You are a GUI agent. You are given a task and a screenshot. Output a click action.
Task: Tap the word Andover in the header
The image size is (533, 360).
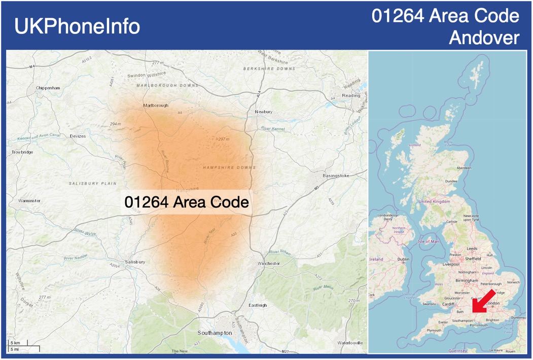[484, 38]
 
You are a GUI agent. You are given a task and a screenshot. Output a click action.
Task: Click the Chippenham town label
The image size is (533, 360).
[48, 88]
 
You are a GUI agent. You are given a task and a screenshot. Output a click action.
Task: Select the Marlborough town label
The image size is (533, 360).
[155, 105]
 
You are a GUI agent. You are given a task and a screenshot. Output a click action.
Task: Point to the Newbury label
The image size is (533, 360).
[264, 112]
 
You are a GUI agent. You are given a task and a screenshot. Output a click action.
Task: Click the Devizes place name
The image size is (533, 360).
[78, 136]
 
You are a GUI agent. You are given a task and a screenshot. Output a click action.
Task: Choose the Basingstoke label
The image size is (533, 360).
[336, 175]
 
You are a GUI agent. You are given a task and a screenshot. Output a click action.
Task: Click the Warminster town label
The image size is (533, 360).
[29, 201]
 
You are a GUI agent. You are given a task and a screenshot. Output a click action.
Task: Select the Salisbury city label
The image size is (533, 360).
[134, 262]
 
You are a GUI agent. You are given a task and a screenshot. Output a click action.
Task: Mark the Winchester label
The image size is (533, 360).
[269, 264]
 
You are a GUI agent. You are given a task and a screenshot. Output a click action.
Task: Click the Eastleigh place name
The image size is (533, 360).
[257, 305]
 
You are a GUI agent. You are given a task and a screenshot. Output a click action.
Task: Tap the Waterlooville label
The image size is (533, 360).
[350, 343]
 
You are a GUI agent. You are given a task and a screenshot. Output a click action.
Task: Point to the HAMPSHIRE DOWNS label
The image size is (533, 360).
[229, 167]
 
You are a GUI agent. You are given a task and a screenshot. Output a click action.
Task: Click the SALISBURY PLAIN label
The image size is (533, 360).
[93, 183]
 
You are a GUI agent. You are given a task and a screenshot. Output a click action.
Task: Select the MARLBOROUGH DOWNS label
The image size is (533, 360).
[167, 85]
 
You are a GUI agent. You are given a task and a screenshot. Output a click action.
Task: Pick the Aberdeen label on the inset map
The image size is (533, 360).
[464, 168]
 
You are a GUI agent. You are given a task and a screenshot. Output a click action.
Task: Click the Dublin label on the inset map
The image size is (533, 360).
[404, 259]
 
